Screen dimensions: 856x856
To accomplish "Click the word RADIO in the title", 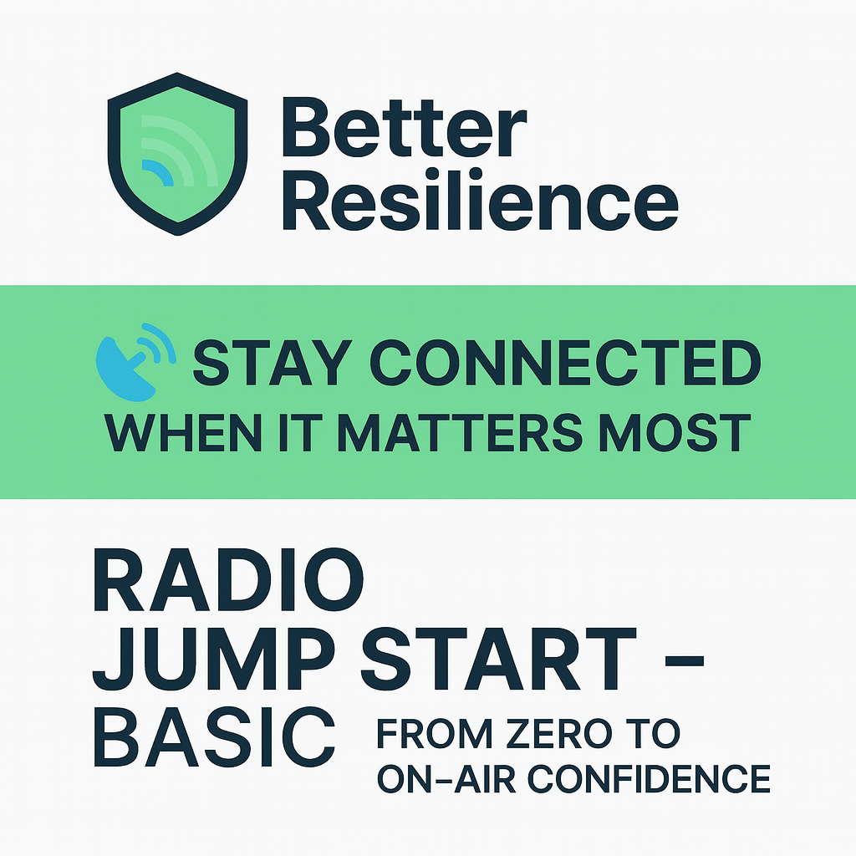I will tap(227, 581).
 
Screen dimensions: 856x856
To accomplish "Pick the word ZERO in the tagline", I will tap(559, 735).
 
